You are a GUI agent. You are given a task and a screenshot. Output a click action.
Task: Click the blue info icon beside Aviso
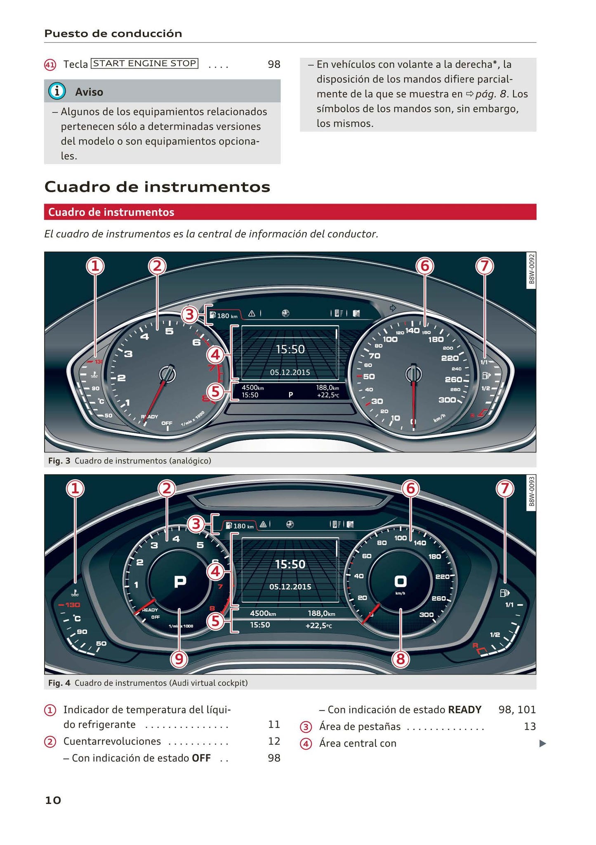pyautogui.click(x=57, y=91)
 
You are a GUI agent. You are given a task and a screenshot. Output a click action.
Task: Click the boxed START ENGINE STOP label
pyautogui.click(x=144, y=63)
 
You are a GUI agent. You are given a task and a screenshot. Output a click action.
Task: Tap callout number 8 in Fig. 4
pyautogui.click(x=400, y=659)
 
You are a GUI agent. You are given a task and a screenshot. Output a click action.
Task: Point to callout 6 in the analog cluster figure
pyautogui.click(x=424, y=266)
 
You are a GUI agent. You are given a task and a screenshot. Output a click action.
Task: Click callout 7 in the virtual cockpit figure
pyautogui.click(x=505, y=489)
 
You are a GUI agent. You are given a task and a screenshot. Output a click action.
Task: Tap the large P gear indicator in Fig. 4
pyautogui.click(x=180, y=582)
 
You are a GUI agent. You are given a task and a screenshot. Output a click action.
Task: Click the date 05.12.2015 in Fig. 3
pyautogui.click(x=290, y=372)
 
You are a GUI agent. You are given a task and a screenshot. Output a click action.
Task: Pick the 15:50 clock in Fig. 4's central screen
pyautogui.click(x=290, y=564)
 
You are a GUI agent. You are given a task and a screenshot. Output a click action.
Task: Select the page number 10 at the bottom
pyautogui.click(x=53, y=800)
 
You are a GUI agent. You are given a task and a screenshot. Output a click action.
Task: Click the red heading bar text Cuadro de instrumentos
pyautogui.click(x=111, y=212)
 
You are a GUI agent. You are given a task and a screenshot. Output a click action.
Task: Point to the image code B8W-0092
pyautogui.click(x=531, y=269)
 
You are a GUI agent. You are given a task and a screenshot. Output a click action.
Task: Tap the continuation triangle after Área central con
pyautogui.click(x=543, y=744)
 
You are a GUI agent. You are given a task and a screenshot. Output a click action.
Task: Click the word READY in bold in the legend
pyautogui.click(x=465, y=710)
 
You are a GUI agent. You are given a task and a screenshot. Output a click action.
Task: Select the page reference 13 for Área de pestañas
pyautogui.click(x=530, y=726)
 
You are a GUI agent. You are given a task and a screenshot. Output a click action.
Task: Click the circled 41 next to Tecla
pyautogui.click(x=50, y=65)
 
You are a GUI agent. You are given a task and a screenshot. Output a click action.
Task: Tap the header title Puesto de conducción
pyautogui.click(x=113, y=34)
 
